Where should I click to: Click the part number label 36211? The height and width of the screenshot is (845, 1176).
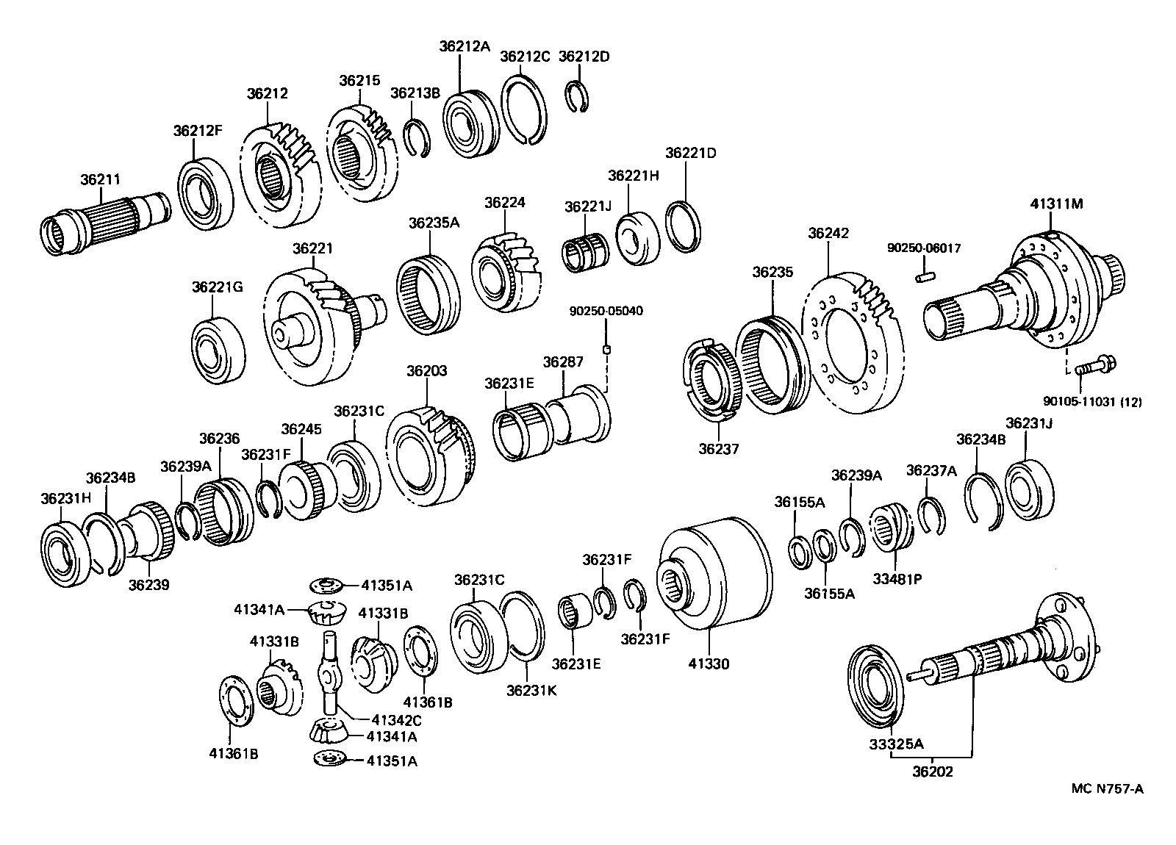[100, 179]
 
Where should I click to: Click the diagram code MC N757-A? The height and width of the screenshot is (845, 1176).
[1107, 789]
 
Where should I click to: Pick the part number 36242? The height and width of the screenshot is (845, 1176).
[828, 233]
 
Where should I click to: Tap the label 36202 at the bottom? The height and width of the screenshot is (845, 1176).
[933, 772]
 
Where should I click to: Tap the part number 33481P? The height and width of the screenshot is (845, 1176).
[897, 578]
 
